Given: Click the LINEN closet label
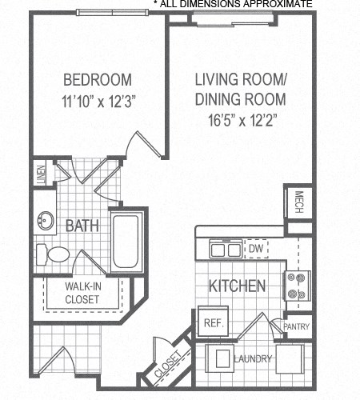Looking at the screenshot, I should point(41,174).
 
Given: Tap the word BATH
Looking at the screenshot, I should point(82,226).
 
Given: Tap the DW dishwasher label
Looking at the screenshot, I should point(256,250).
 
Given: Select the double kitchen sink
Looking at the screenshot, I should point(225,250).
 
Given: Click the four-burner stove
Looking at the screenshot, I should point(298,286).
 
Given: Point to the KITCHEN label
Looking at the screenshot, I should point(237,286).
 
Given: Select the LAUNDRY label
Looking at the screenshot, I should point(253,359).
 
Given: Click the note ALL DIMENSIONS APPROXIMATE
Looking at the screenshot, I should point(233,5).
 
